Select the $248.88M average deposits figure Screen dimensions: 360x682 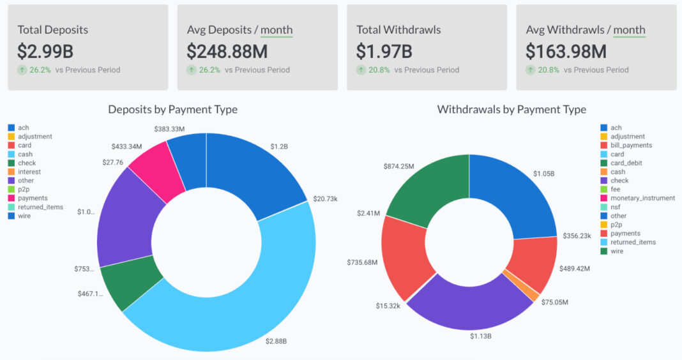click(x=227, y=51)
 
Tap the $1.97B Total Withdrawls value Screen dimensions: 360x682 click(x=384, y=51)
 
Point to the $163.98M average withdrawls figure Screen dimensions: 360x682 click(x=566, y=51)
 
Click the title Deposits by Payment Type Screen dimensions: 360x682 click(x=172, y=110)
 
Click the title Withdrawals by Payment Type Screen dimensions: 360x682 click(x=511, y=110)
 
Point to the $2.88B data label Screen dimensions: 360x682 click(x=276, y=341)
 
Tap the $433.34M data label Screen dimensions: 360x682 click(x=126, y=147)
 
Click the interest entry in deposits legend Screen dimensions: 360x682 click(x=29, y=172)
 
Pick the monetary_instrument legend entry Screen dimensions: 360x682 click(x=642, y=199)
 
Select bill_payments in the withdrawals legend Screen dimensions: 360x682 click(x=631, y=146)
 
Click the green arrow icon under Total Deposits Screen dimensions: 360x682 click(x=22, y=70)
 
